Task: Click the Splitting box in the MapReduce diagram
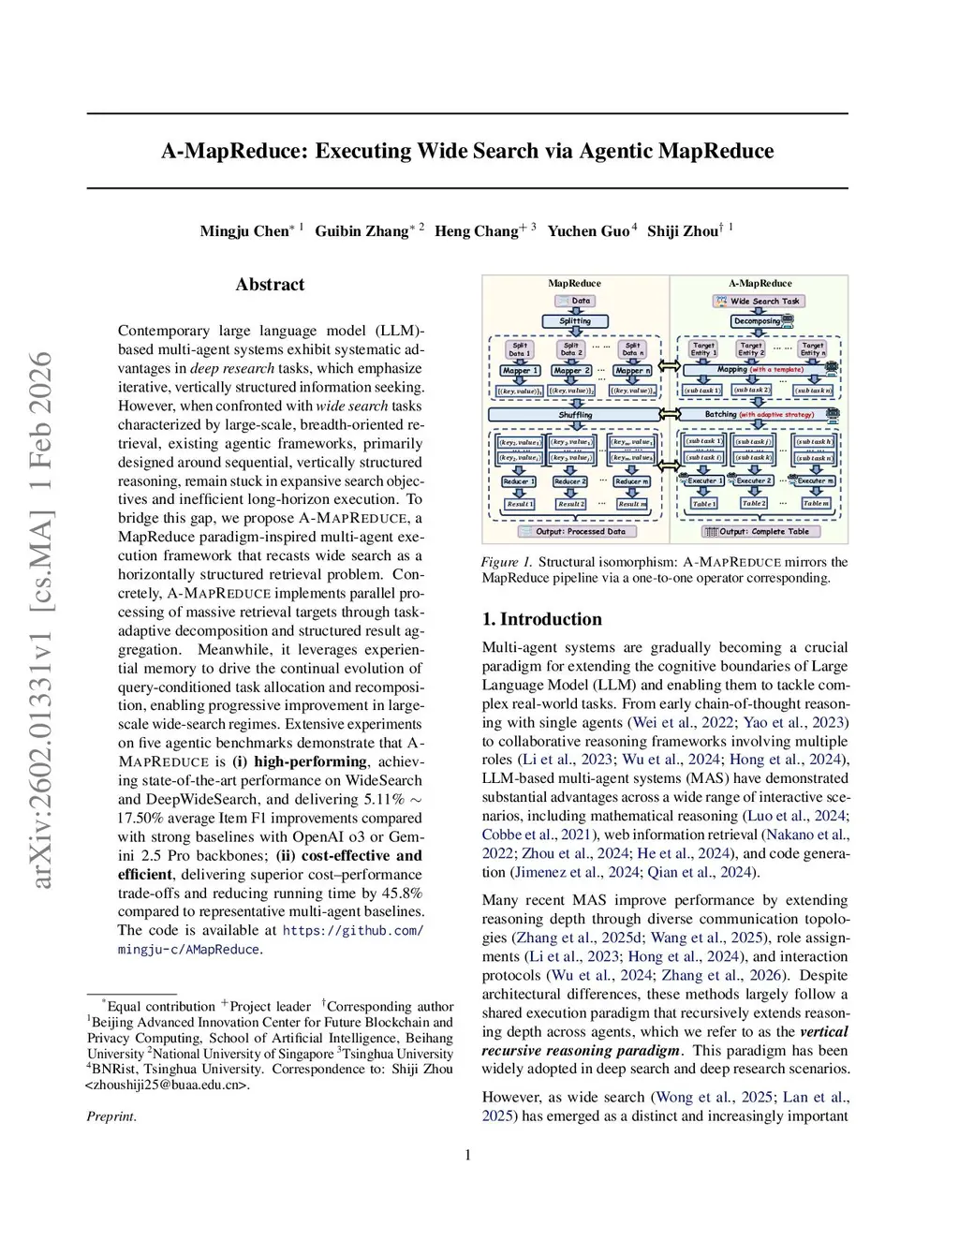point(575,321)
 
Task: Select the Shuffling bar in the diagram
point(575,415)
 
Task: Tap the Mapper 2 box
point(571,371)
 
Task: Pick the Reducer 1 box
point(518,481)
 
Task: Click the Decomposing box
point(758,321)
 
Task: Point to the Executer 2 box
point(753,481)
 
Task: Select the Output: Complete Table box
point(762,532)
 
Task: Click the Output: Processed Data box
point(574,532)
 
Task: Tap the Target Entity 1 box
point(703,349)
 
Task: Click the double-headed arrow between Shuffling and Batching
point(668,415)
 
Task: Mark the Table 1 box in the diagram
point(703,504)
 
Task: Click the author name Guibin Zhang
point(361,231)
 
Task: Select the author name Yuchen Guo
point(588,231)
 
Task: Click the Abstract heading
point(270,285)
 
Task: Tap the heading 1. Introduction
point(541,619)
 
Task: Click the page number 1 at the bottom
point(467,1155)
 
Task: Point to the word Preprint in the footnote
point(111,1116)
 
